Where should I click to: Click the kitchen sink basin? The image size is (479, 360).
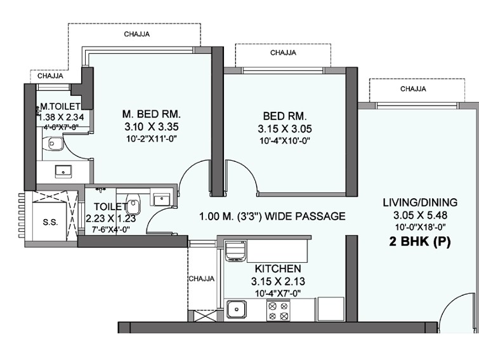point(236,310)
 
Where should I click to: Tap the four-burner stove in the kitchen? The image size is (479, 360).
point(279,310)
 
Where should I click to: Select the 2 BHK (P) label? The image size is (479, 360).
point(420,242)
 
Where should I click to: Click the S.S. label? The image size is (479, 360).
point(50,222)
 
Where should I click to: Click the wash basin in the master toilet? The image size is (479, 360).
point(63,171)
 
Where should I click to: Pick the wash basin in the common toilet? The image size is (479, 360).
point(161,199)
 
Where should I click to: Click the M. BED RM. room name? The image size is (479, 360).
point(152,114)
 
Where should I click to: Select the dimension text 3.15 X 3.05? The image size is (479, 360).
point(285,129)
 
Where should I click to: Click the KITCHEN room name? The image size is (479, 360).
point(278,269)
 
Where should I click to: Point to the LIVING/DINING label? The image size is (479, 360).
point(421,203)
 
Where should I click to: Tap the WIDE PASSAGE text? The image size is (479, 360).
point(305,217)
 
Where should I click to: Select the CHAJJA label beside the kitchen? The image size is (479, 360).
point(201,279)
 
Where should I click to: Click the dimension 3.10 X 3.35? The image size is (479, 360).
point(152,126)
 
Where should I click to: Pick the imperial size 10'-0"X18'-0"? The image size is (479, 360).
point(421,227)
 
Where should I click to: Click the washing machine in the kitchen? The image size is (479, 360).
point(235,251)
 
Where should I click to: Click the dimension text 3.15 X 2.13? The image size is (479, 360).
point(278,281)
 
